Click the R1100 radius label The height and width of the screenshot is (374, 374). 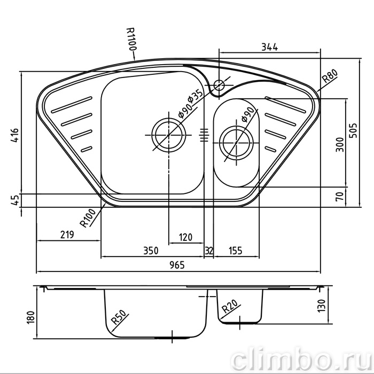(x=131, y=39)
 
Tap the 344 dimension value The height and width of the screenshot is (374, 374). (x=269, y=47)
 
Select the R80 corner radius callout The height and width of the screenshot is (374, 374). (x=330, y=76)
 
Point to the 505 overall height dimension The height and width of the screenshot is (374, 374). (x=353, y=130)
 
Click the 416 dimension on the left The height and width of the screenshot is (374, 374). (x=14, y=136)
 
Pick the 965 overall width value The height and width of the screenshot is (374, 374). (x=177, y=265)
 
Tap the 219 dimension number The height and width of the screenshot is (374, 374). (x=67, y=235)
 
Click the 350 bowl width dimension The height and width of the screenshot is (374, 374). (x=151, y=251)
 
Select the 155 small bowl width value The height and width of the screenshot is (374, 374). (x=236, y=251)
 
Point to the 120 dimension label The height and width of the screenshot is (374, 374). (x=185, y=237)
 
